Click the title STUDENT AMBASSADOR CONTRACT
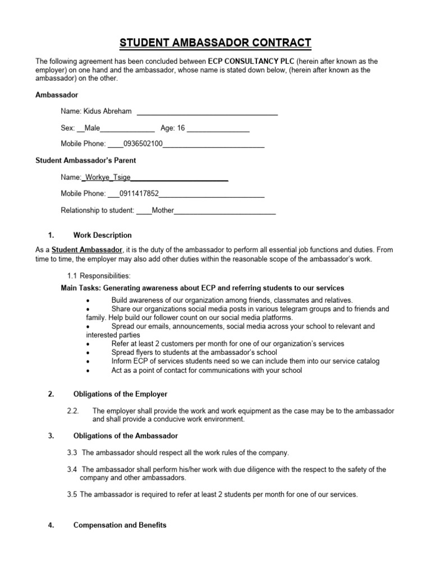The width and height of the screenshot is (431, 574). tap(215, 43)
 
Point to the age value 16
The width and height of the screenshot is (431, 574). tap(181, 128)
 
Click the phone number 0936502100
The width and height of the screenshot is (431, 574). tap(143, 144)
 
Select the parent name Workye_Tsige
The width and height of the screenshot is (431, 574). tap(106, 177)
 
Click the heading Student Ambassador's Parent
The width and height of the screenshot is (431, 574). tap(86, 161)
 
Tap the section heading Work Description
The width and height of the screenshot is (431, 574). tap(103, 235)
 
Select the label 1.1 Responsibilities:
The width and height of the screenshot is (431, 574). tap(99, 276)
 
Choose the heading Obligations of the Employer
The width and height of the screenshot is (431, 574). tap(121, 395)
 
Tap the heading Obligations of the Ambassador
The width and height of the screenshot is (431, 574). tap(125, 436)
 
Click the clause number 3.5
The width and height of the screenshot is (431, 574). tap(73, 494)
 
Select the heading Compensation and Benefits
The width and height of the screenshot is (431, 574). tap(120, 526)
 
